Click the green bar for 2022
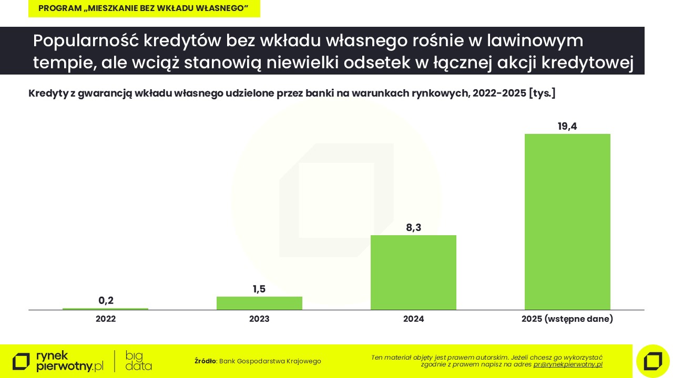click(x=105, y=309)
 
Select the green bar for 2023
click(x=259, y=303)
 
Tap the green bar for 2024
click(x=413, y=272)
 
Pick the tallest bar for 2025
click(x=567, y=222)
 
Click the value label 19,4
click(x=567, y=127)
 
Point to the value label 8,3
click(x=413, y=228)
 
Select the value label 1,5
click(x=259, y=289)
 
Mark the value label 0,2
click(x=106, y=301)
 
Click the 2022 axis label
click(x=106, y=319)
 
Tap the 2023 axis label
click(x=259, y=319)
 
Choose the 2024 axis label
click(x=413, y=319)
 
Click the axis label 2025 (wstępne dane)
click(x=567, y=319)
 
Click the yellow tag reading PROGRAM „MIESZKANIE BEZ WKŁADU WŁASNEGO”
click(x=144, y=8)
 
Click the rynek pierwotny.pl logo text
click(x=69, y=361)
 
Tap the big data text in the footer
click(x=138, y=361)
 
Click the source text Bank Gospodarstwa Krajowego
click(x=270, y=361)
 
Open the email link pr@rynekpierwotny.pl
click(x=568, y=364)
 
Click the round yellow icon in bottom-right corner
click(x=652, y=361)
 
